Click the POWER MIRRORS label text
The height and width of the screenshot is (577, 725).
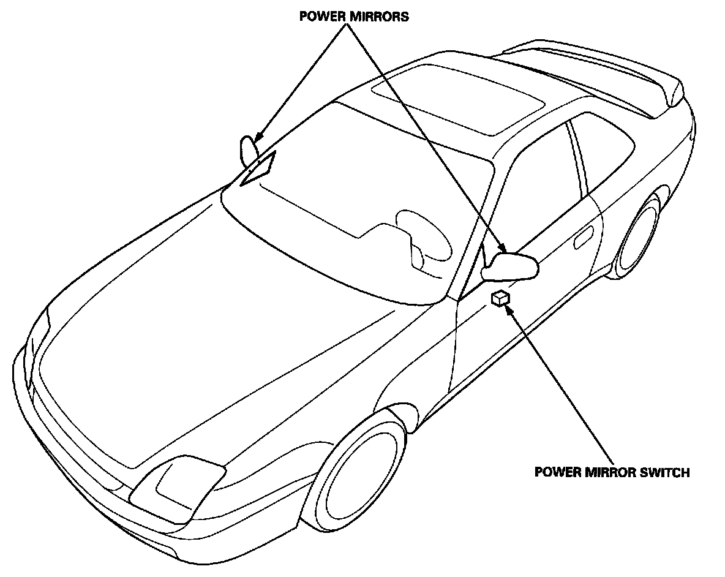354,17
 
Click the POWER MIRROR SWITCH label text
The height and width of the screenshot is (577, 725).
612,472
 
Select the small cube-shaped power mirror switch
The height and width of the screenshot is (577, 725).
500,298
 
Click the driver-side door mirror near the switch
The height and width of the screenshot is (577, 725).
511,266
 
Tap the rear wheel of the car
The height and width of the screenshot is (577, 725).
640,236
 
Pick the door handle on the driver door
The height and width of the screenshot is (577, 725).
584,237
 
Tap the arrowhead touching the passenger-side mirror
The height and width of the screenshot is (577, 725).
258,140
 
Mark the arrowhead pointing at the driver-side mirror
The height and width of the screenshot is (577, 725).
503,249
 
